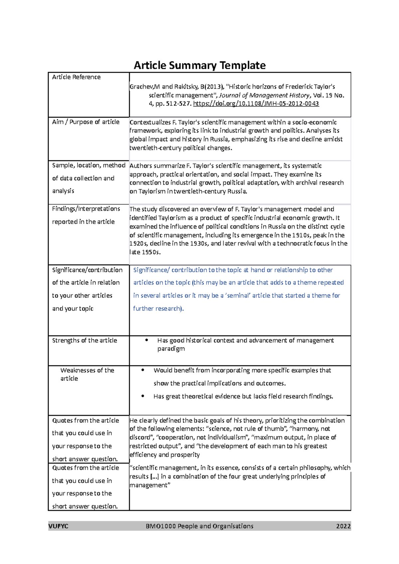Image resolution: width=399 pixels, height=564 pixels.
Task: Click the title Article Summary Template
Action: click(199, 65)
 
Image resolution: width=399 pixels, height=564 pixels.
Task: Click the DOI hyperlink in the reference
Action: click(256, 104)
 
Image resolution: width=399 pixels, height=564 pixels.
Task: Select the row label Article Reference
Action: click(76, 77)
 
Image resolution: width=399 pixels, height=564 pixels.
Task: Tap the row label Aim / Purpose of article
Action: click(85, 122)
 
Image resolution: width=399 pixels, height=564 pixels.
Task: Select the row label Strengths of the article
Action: click(84, 340)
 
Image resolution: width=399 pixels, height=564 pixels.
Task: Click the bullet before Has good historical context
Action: click(146, 340)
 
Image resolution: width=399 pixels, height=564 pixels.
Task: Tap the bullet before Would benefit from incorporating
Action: click(143, 370)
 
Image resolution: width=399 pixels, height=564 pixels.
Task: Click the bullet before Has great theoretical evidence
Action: click(143, 396)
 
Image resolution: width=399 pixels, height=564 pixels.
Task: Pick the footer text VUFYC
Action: click(58, 526)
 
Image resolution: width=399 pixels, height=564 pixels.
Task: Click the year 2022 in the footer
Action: click(343, 526)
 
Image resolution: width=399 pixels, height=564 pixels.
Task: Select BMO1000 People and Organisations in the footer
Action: click(199, 526)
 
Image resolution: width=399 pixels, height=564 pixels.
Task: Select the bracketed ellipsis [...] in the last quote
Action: click(154, 477)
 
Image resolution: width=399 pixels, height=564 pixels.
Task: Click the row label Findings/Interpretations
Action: click(86, 209)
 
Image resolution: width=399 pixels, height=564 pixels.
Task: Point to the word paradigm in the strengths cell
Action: click(171, 349)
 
